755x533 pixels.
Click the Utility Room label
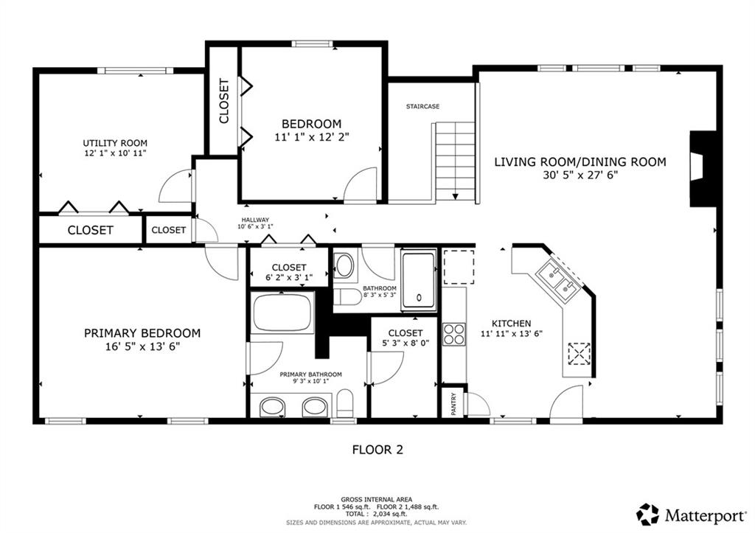point(115,143)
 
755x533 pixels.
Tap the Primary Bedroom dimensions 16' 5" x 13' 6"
point(142,346)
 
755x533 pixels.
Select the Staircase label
point(422,106)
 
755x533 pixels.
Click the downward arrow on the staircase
point(456,196)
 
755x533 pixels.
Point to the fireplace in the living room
point(703,169)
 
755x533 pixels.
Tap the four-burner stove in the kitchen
point(454,334)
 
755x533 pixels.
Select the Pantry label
point(453,403)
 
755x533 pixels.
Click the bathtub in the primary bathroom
point(282,312)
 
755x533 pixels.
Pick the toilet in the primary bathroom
point(345,403)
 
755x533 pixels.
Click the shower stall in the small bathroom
point(419,279)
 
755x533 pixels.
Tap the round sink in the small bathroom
point(344,266)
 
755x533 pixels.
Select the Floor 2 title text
point(377,450)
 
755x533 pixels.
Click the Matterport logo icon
point(647,515)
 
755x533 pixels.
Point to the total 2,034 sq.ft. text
point(377,515)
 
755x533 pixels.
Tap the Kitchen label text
point(512,324)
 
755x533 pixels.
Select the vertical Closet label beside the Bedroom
point(224,101)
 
